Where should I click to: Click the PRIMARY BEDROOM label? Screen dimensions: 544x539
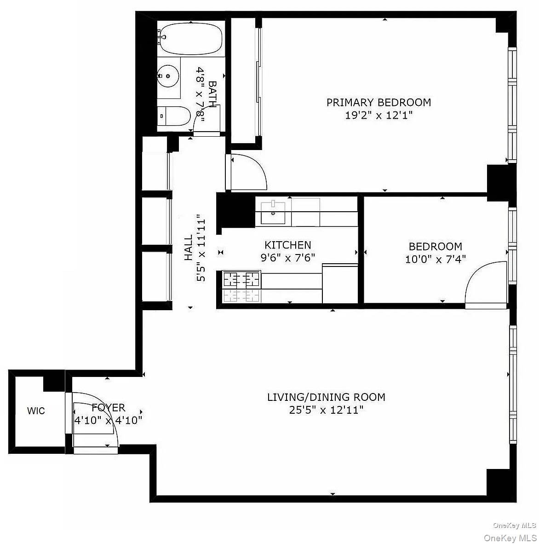[x=378, y=102]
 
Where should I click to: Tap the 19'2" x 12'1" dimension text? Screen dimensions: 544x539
[x=378, y=115]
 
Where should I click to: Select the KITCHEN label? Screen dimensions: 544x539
[x=287, y=245]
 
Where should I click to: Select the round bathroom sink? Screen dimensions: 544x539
[x=168, y=75]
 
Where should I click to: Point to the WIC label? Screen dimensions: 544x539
[x=36, y=411]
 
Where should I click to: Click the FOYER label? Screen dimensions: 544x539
[x=108, y=407]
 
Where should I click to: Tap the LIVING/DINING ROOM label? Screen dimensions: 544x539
[x=326, y=397]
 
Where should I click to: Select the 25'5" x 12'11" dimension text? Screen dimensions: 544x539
[x=326, y=410]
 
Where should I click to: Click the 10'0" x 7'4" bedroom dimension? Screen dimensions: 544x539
[x=435, y=259]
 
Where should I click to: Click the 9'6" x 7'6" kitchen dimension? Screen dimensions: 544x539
[x=287, y=258]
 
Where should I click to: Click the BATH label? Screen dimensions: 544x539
[x=212, y=94]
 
